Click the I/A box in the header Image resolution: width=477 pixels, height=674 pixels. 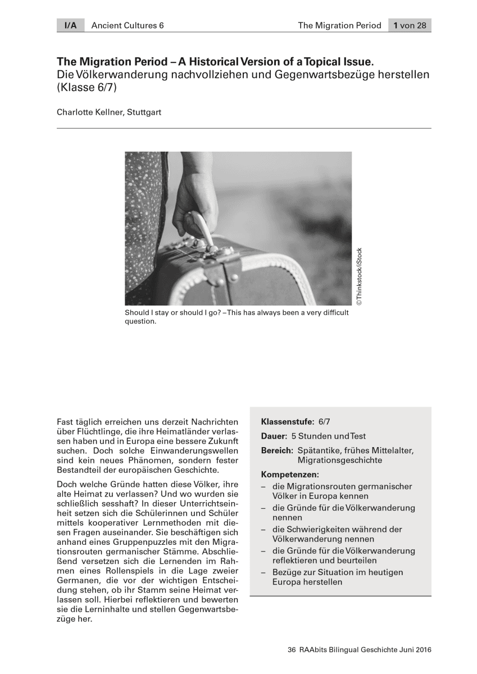tap(70, 25)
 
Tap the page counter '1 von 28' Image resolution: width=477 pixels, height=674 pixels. tap(410, 25)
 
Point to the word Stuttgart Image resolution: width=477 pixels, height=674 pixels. tap(144, 112)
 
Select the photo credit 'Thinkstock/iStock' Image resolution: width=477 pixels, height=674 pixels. tap(360, 277)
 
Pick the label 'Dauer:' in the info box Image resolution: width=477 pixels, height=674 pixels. tap(274, 436)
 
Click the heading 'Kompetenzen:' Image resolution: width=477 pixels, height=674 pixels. tap(290, 475)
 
